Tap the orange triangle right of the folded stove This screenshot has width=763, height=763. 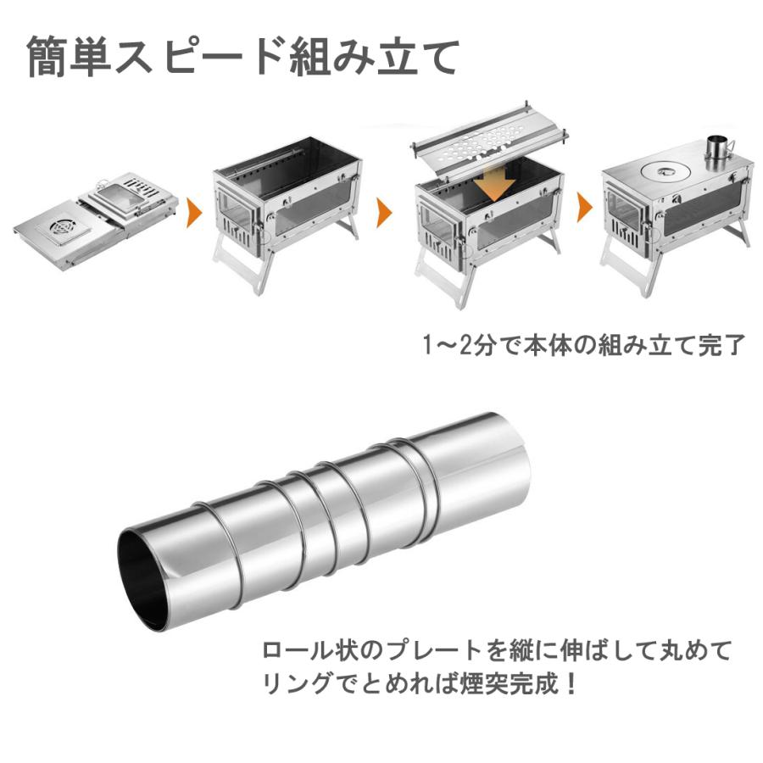[193, 209]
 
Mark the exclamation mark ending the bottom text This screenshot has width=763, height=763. [571, 682]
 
